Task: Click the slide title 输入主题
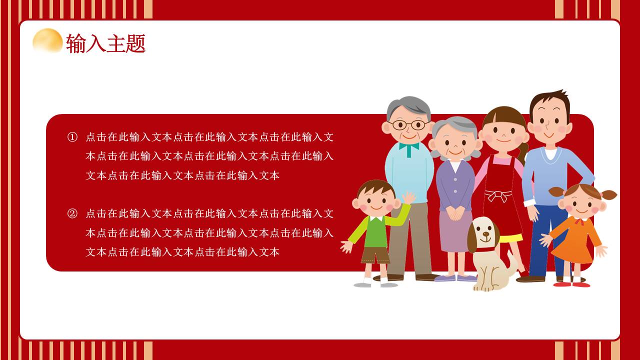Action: (x=105, y=43)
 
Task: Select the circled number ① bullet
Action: (x=72, y=137)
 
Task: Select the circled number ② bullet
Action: (x=72, y=214)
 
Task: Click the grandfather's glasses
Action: (x=408, y=124)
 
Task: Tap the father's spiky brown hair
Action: (x=549, y=100)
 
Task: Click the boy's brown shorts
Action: (x=375, y=255)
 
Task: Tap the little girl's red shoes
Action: (x=572, y=284)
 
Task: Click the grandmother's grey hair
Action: (x=455, y=125)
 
